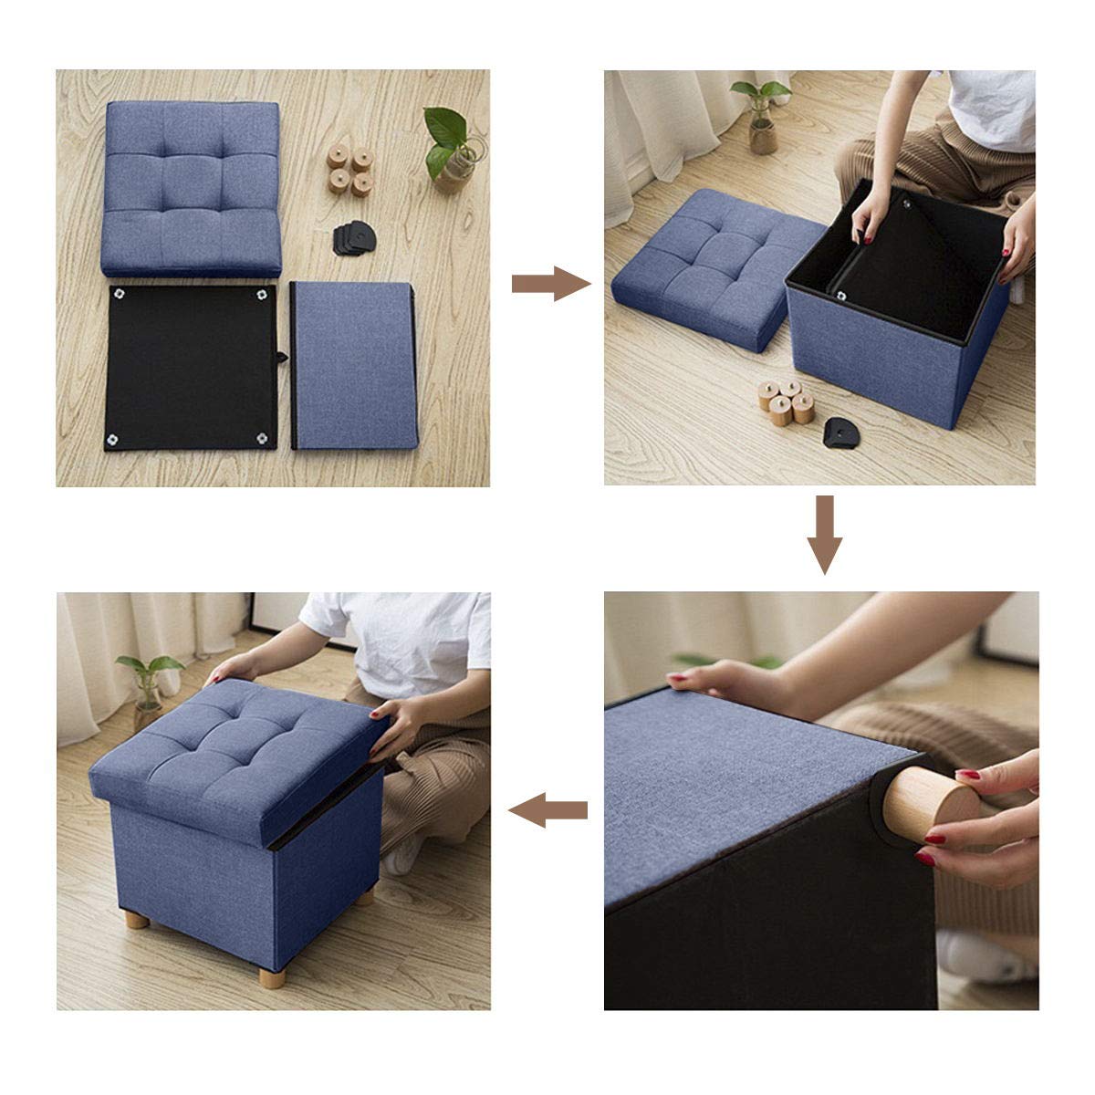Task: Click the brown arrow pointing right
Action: tap(549, 284)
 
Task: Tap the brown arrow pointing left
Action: tap(547, 808)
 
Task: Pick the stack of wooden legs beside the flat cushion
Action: tap(350, 169)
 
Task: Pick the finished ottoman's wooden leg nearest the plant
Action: tap(138, 916)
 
